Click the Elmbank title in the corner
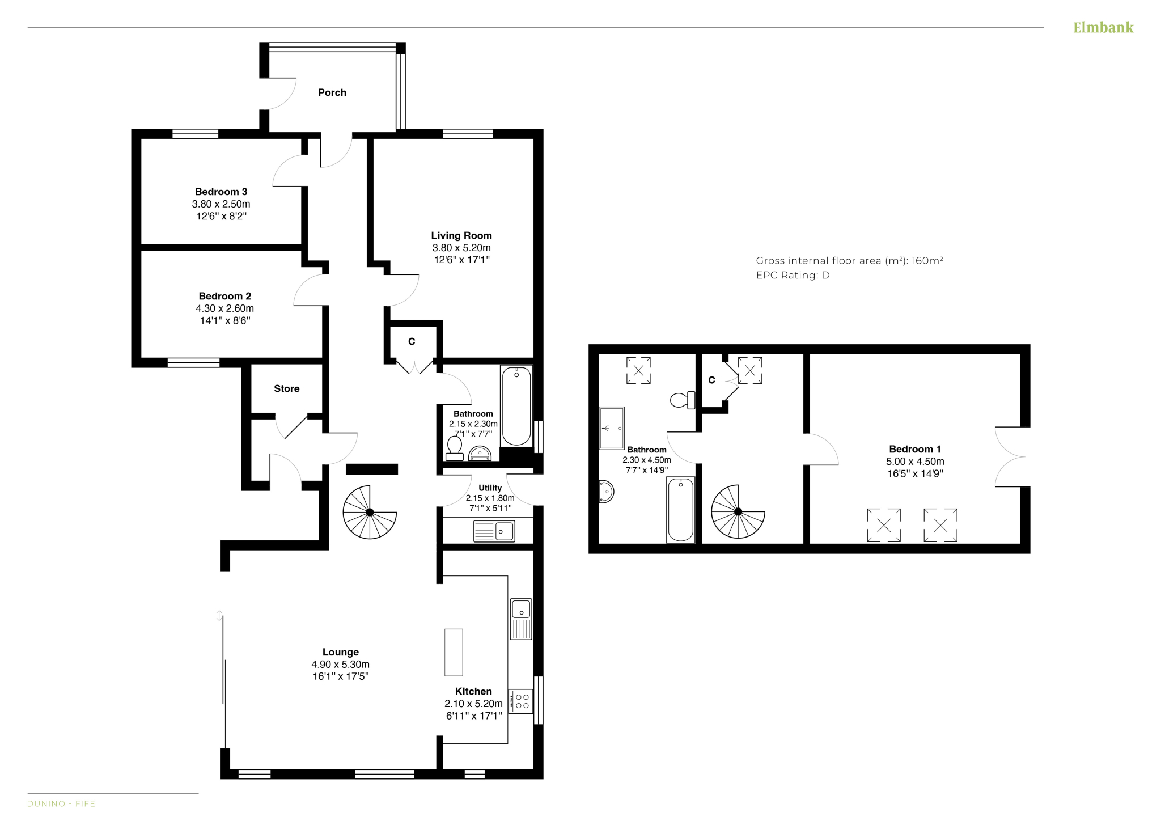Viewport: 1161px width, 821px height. click(1103, 27)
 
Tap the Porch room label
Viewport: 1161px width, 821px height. click(332, 92)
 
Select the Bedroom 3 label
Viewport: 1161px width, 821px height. click(221, 192)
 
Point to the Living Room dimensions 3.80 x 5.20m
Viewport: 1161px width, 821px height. click(461, 248)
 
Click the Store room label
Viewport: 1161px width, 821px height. click(286, 388)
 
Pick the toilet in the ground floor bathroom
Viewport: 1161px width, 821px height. click(454, 448)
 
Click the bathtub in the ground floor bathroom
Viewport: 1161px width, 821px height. click(516, 405)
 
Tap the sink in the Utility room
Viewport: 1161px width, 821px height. click(494, 531)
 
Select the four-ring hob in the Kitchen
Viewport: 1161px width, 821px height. click(521, 701)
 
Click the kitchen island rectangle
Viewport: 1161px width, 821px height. click(454, 652)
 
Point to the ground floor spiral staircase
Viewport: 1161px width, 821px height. click(370, 512)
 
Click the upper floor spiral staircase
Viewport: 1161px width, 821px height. click(738, 511)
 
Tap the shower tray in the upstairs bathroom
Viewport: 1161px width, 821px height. click(612, 428)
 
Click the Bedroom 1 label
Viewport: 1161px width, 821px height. click(915, 449)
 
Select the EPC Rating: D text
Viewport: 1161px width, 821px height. click(793, 275)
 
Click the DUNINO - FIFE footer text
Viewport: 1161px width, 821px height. click(61, 803)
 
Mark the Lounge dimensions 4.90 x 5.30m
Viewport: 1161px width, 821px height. click(340, 664)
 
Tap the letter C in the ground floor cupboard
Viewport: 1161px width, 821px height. click(412, 341)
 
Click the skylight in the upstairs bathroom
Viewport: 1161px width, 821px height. click(638, 370)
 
